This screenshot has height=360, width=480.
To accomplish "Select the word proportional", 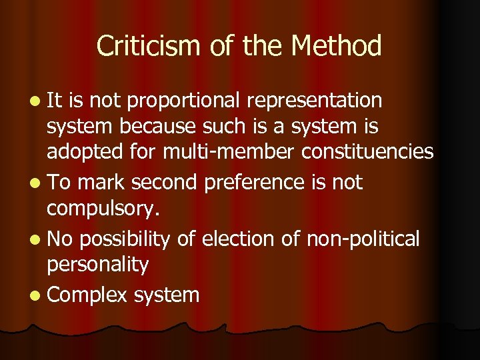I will [186, 101].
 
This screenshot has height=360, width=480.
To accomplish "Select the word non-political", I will [363, 238].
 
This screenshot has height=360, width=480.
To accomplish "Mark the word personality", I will [97, 265].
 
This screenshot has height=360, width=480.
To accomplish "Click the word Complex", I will [87, 293].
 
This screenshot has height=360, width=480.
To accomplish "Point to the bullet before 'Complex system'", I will [33, 294].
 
